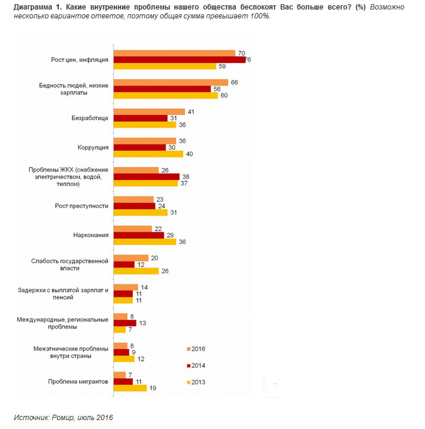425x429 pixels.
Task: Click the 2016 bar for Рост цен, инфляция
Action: pyautogui.click(x=173, y=53)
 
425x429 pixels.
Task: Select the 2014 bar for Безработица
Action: pyautogui.click(x=140, y=118)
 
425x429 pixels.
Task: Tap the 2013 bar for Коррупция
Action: pyautogui.click(x=148, y=154)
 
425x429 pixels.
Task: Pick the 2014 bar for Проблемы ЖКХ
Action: pyautogui.click(x=145, y=176)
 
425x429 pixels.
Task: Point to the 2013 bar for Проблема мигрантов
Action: pyautogui.click(x=129, y=388)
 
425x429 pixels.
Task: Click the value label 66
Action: pyautogui.click(x=234, y=82)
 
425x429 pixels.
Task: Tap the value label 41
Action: pyautogui.click(x=191, y=111)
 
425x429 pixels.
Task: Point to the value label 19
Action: pyautogui.click(x=153, y=388)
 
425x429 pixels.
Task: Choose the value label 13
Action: pyautogui.click(x=142, y=323)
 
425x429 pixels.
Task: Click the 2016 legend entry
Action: pyautogui.click(x=196, y=349)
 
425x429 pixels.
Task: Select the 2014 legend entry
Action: pyautogui.click(x=196, y=365)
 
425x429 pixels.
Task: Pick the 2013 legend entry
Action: pyautogui.click(x=196, y=381)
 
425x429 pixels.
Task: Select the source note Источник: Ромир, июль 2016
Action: pyautogui.click(x=63, y=417)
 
